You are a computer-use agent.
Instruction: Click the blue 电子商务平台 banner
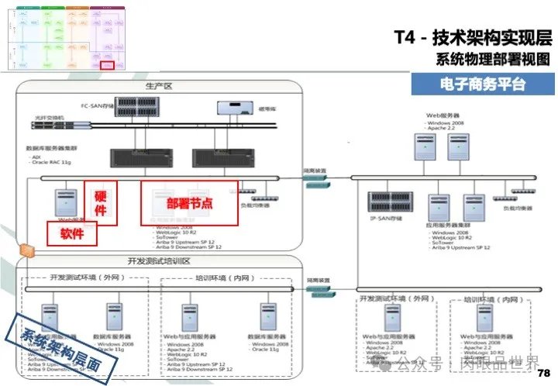click(x=480, y=84)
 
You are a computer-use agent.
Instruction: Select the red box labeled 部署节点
click(x=190, y=202)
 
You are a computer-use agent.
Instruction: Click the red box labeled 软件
click(x=71, y=232)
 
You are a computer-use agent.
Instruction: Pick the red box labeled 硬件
click(x=100, y=203)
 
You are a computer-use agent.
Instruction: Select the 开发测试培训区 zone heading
click(x=158, y=260)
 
